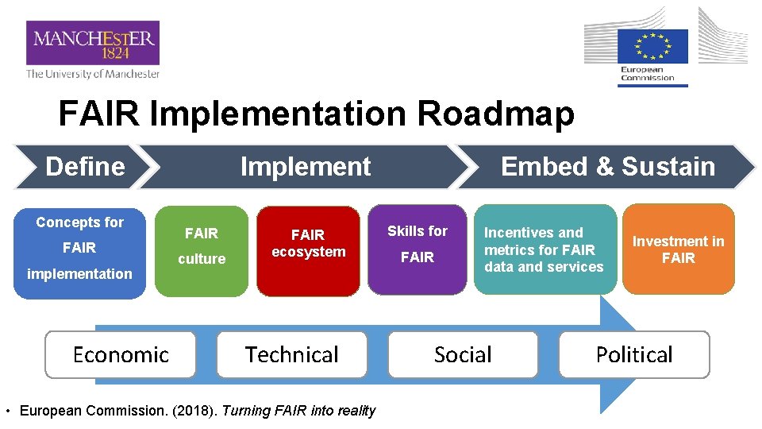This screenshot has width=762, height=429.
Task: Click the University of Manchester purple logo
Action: point(92,43)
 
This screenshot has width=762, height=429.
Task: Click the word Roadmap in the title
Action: point(495,114)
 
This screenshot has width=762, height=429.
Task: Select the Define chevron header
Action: point(84,167)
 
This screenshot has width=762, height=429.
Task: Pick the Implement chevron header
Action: point(305,167)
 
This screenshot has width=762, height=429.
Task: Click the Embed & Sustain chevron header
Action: point(607,167)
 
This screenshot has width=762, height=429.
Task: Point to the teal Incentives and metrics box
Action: point(545,249)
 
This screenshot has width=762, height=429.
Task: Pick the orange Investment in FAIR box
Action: point(678,249)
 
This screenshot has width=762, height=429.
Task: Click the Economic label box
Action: point(121,354)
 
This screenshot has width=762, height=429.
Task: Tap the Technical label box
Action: point(291,354)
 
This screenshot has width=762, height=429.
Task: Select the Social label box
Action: point(463,354)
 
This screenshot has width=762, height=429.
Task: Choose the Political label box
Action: point(634,354)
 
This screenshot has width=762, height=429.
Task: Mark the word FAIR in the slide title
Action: point(99,114)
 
